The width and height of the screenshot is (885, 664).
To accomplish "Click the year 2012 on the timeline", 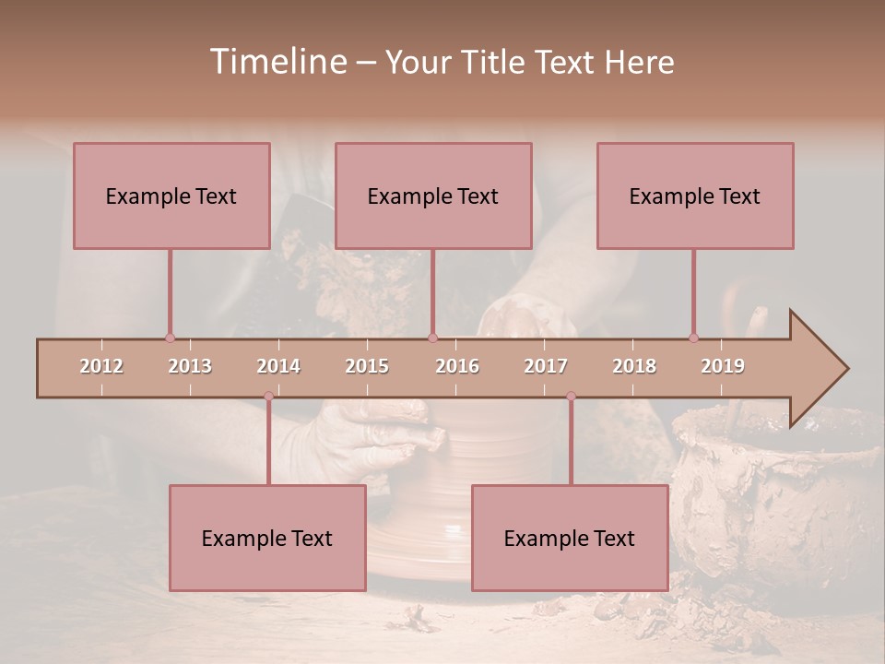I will pos(101,366).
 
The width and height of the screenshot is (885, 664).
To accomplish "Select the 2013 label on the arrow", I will pos(190,366).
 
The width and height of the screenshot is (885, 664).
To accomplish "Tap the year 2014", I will pos(278,366).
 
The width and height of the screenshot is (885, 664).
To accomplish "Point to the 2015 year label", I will pos(367,366).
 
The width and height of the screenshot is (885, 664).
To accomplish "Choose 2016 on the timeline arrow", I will pos(457,366).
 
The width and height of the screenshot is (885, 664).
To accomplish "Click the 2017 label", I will pos(546,366).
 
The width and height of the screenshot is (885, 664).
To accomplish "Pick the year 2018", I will pos(634,366).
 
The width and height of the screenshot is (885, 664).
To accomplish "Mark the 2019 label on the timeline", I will pos(723,366).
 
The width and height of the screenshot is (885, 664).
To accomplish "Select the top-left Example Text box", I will pos(171,196).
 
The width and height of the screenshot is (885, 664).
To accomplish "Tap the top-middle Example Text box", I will pos(433,196).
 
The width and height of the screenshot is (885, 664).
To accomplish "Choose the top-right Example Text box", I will pos(695,196).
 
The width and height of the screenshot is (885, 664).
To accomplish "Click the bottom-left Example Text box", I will pos(267,538).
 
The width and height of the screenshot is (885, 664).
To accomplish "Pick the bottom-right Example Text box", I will pos(570,538).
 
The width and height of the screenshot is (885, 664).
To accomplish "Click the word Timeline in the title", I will pos(277,62).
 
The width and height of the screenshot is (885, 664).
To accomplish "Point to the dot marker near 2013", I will pos(170,338).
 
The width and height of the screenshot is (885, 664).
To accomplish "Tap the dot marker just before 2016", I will pos(433,338).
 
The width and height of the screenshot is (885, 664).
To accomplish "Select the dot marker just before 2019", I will pos(694,338).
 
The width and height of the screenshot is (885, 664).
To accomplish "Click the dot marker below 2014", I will pos(268,397).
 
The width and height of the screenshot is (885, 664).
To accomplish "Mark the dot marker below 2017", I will pos(571,397).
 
